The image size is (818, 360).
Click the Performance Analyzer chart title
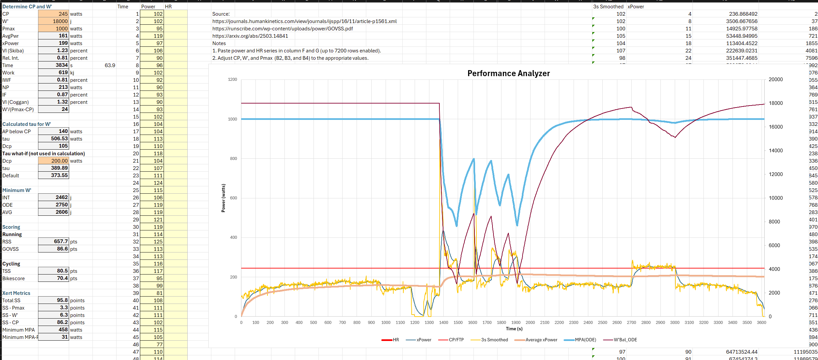coord(508,73)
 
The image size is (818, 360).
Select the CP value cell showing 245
coord(53,14)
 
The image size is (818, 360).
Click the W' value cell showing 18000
coord(53,21)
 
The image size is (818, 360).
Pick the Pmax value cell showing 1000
coord(53,29)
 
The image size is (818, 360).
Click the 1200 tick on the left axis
coord(232,79)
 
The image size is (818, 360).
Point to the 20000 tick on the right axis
coord(776,79)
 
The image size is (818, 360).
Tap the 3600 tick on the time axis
coord(761,323)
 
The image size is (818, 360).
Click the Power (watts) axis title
coord(223,198)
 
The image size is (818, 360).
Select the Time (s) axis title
coord(514,329)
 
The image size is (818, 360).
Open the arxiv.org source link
coord(250,36)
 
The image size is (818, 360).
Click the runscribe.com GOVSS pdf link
coord(282,29)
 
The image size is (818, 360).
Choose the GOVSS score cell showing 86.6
coord(53,249)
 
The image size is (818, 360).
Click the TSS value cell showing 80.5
coord(53,271)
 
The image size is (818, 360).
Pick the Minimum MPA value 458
coord(53,330)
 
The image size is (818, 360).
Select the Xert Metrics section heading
coord(16,293)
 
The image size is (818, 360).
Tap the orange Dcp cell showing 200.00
coord(53,161)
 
